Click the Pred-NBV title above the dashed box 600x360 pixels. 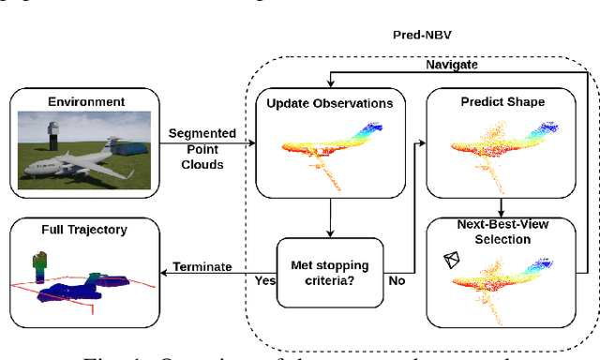tap(420, 34)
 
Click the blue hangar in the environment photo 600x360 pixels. tap(127, 150)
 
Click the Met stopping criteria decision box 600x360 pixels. tap(328, 272)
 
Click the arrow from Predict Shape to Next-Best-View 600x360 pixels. tap(502, 206)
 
